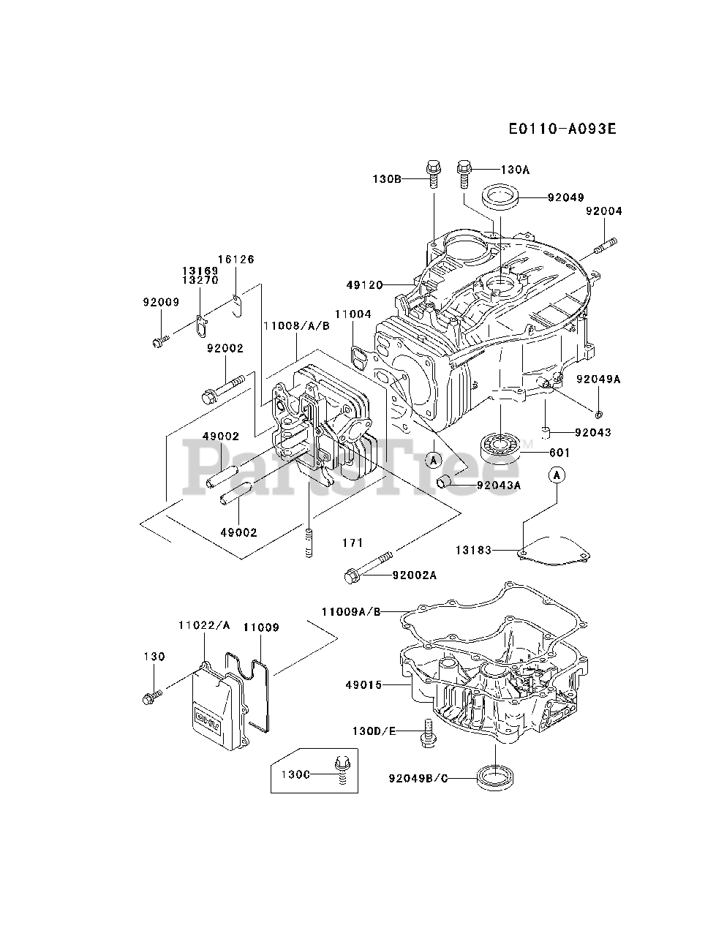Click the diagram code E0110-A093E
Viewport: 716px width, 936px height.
pyautogui.click(x=562, y=129)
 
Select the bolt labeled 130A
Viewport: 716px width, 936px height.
pyautogui.click(x=464, y=175)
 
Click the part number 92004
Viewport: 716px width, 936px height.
pyautogui.click(x=604, y=211)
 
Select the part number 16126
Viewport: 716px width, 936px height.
pyautogui.click(x=235, y=260)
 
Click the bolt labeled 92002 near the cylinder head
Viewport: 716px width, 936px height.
pyautogui.click(x=223, y=390)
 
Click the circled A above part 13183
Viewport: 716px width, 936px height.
pyautogui.click(x=557, y=475)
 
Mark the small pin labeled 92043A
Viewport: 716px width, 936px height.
pyautogui.click(x=443, y=483)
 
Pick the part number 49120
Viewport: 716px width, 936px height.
pyautogui.click(x=365, y=285)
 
